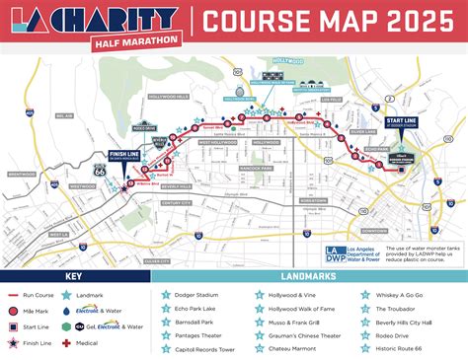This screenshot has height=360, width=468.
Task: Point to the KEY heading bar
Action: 75,276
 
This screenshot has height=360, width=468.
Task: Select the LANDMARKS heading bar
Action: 310,276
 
